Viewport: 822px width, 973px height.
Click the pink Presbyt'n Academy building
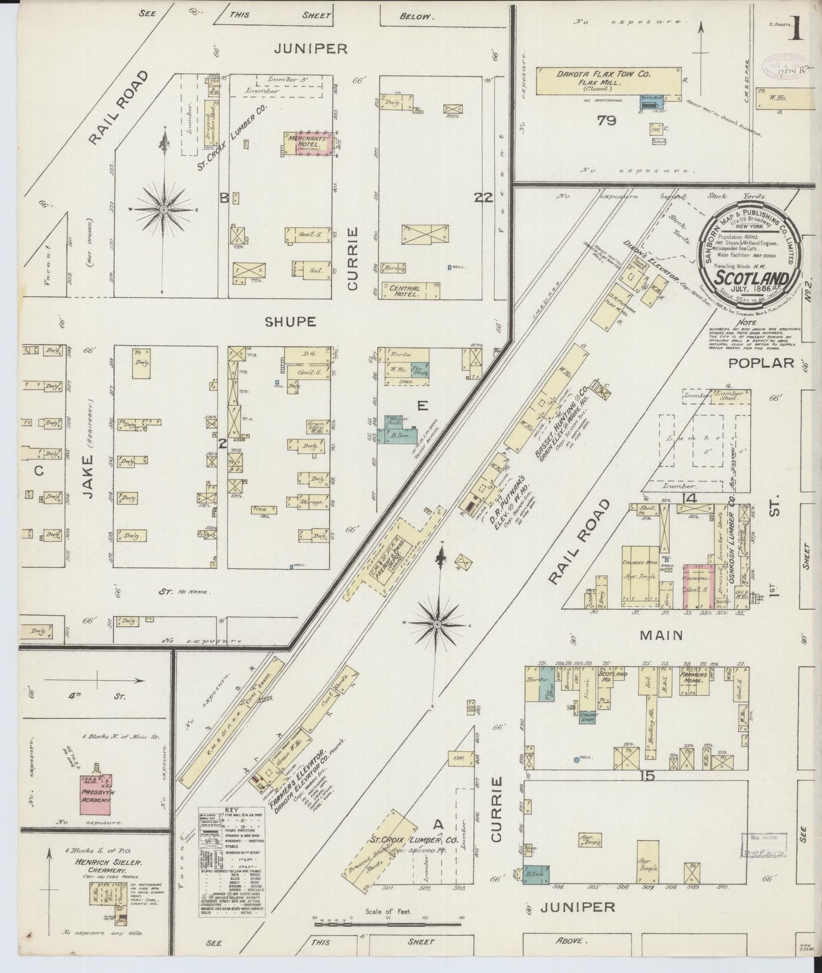pyautogui.click(x=95, y=794)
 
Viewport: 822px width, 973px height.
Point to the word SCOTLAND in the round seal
pyautogui.click(x=751, y=278)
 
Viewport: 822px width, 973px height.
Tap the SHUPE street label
pyautogui.click(x=290, y=321)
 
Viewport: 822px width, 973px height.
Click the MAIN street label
pyautogui.click(x=660, y=634)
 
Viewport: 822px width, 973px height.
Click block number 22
pyautogui.click(x=485, y=197)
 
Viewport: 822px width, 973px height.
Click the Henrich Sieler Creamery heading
pyautogui.click(x=100, y=867)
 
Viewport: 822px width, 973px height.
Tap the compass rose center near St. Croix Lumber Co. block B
pyautogui.click(x=164, y=210)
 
